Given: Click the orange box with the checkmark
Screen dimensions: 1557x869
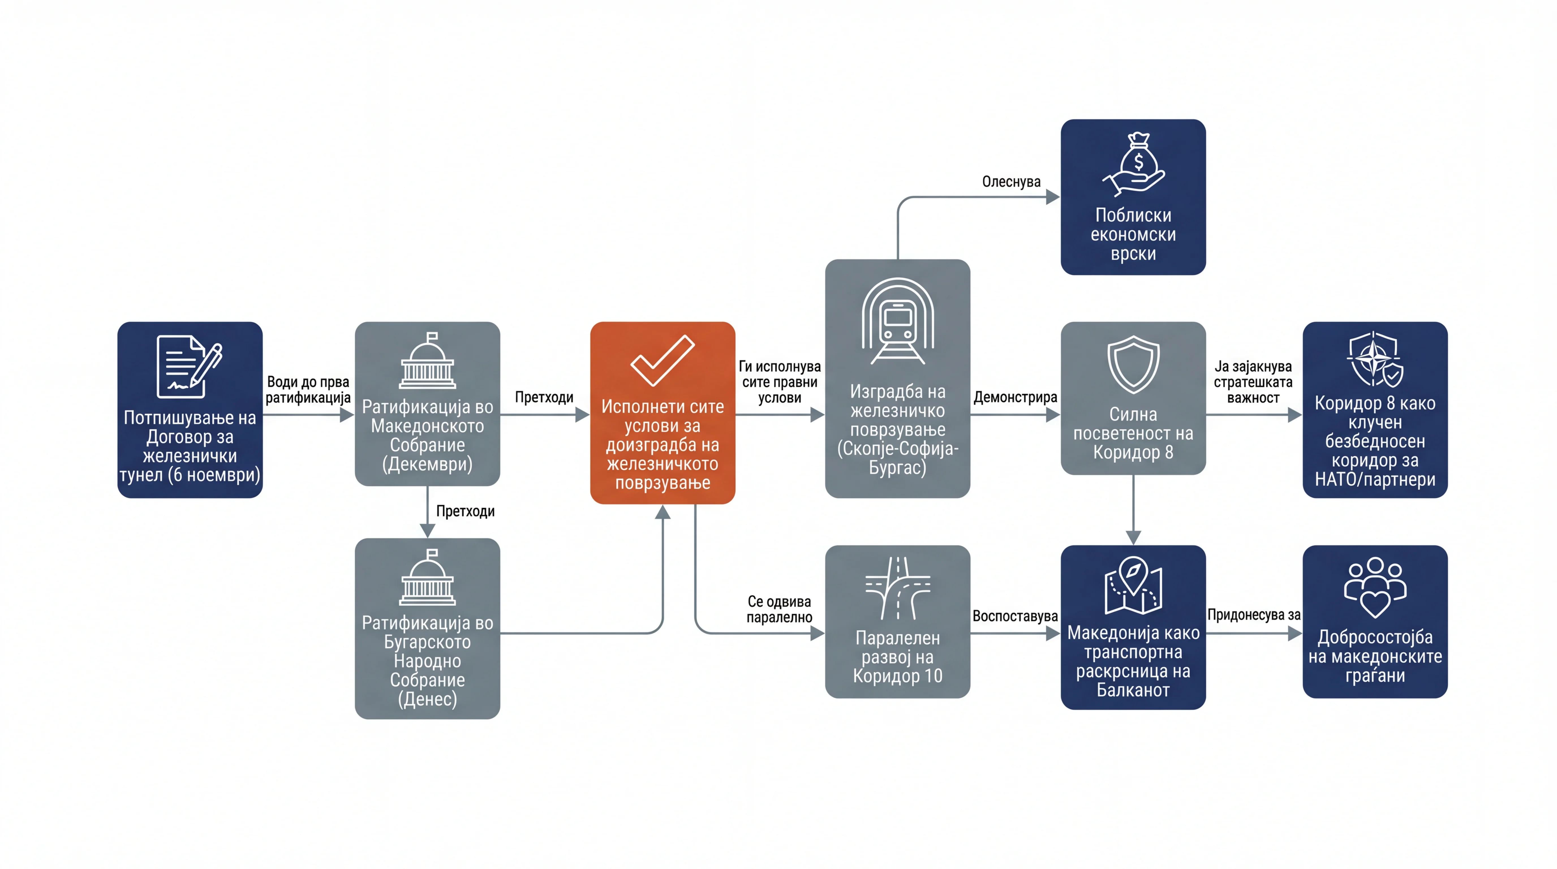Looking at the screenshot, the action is tap(663, 413).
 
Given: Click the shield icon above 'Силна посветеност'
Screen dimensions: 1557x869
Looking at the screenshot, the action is tap(1133, 364).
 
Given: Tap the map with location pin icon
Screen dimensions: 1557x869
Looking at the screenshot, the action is tap(1133, 585).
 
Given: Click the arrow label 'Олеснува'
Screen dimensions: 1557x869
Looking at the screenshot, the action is tap(1011, 181).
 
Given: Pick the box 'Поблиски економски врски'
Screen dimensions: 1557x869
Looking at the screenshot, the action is tap(1133, 197).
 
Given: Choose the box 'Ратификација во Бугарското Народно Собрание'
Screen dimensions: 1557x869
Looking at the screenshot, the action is tap(427, 629).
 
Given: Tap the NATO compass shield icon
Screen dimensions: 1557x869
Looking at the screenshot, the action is tap(1375, 359).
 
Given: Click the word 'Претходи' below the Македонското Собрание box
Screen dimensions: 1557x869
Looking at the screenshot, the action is tap(465, 511).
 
